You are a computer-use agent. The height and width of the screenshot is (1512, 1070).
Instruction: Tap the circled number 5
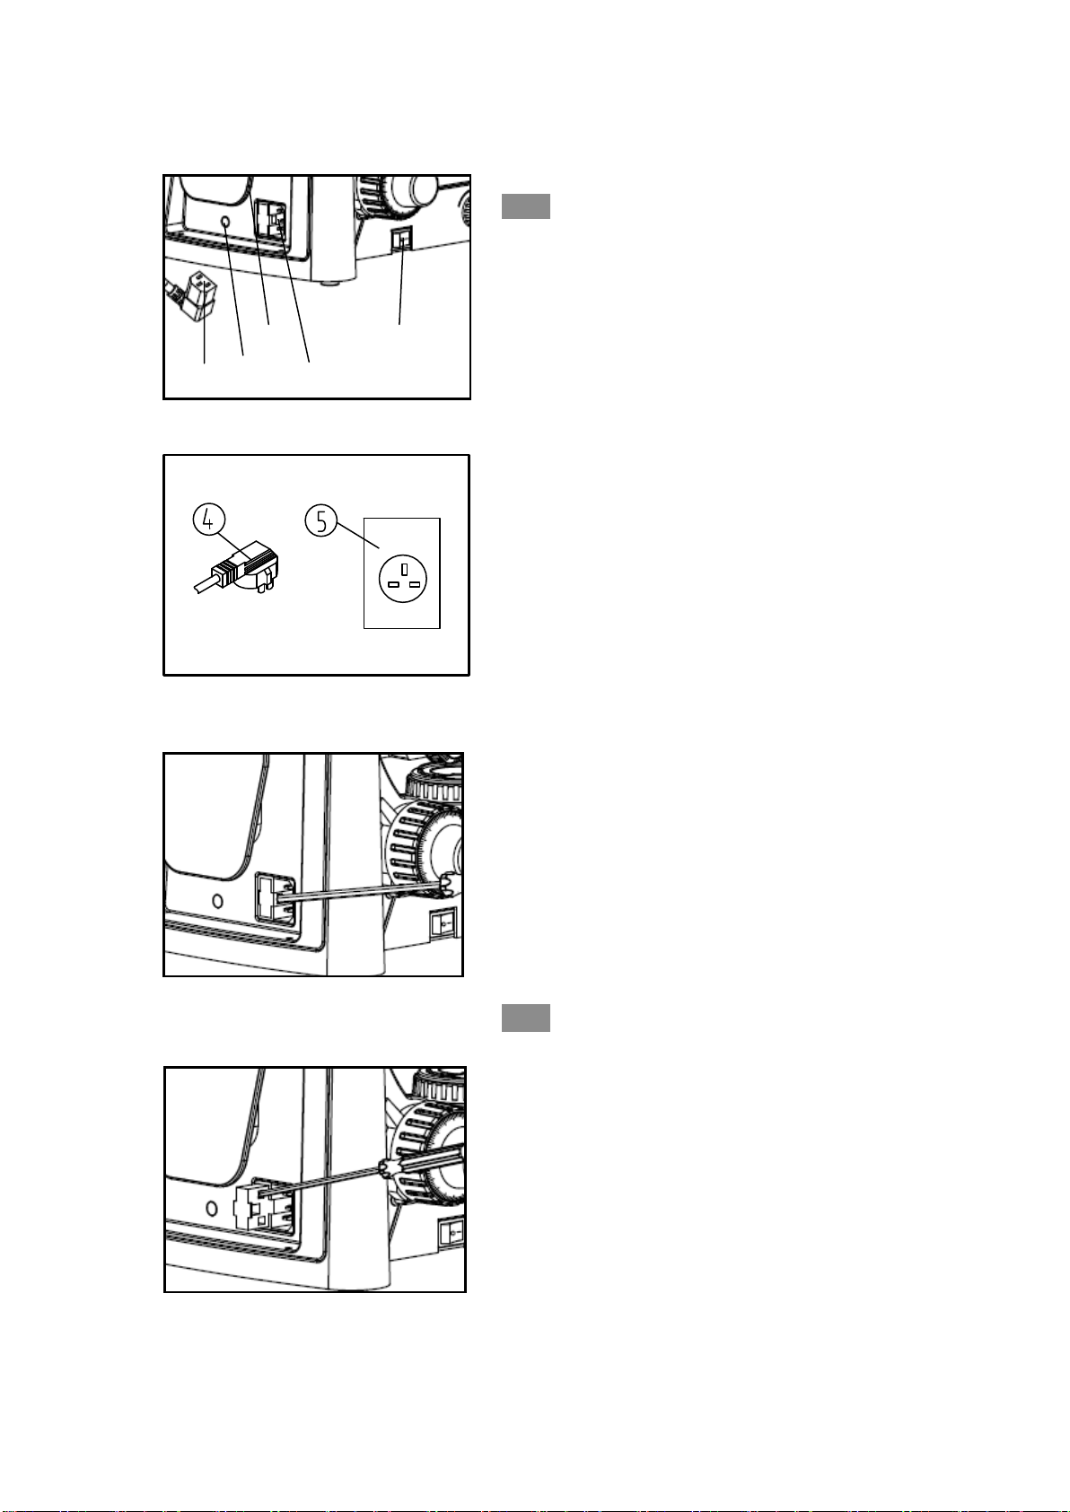pos(320,520)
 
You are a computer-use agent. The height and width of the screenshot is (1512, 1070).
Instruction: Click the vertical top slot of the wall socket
pos(404,569)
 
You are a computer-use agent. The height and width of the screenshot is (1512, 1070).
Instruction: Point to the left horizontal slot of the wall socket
pos(393,584)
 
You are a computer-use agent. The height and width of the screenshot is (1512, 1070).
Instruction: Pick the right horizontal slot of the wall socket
pos(416,584)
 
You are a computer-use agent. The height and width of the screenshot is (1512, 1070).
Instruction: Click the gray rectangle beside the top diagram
pos(525,206)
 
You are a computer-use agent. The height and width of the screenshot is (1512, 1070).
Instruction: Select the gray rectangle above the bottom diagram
pos(525,1018)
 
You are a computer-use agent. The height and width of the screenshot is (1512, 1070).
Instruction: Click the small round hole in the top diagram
pos(225,222)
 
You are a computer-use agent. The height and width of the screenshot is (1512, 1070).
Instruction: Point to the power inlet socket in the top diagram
pos(271,222)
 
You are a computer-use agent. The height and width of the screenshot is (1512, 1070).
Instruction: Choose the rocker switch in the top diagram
pos(401,238)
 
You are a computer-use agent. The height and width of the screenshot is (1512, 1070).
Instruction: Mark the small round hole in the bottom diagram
pos(211,1208)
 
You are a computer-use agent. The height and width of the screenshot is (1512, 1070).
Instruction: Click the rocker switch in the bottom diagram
pos(452,1233)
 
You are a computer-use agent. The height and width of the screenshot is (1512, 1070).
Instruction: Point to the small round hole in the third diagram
pos(217,900)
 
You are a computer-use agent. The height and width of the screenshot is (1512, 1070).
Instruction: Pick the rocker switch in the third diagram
pos(444,921)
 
